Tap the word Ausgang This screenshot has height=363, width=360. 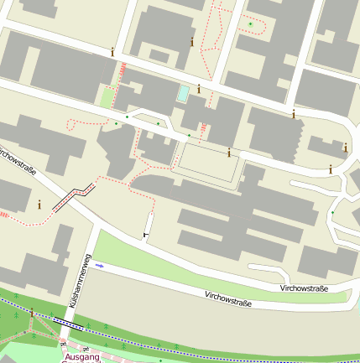click(x=82, y=357)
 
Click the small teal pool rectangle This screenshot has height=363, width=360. click(x=182, y=93)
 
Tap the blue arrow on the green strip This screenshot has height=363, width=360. click(x=100, y=265)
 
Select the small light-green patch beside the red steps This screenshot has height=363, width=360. click(x=107, y=96)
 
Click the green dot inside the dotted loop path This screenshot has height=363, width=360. click(x=249, y=23)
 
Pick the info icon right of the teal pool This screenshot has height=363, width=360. click(x=199, y=88)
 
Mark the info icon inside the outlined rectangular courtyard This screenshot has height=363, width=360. click(x=229, y=153)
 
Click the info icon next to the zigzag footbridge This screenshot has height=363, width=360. click(x=39, y=203)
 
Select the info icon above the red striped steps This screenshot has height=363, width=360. click(x=112, y=51)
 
